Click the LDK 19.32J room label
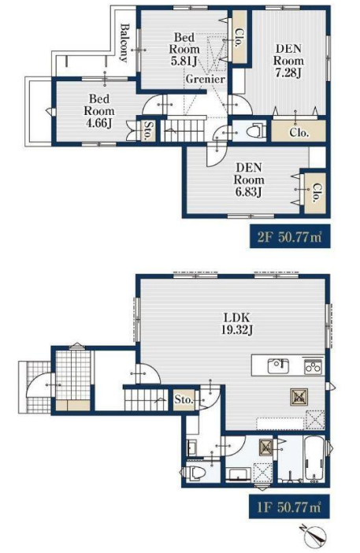coord(236,324)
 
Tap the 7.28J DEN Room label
coord(288,61)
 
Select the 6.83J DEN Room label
coord(249,180)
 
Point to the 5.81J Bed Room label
coord(184,49)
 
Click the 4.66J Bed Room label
coord(99,111)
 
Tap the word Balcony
coord(124,43)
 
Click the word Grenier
coord(206,79)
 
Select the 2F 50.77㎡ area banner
coord(290,236)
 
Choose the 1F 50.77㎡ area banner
coord(289,507)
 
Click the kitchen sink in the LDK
coord(278,366)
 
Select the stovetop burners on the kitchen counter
coord(313,367)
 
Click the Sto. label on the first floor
coord(184,400)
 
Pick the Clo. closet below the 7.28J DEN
coord(299,132)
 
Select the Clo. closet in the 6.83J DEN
coord(316,193)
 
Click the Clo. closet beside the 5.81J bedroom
coord(239,37)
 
